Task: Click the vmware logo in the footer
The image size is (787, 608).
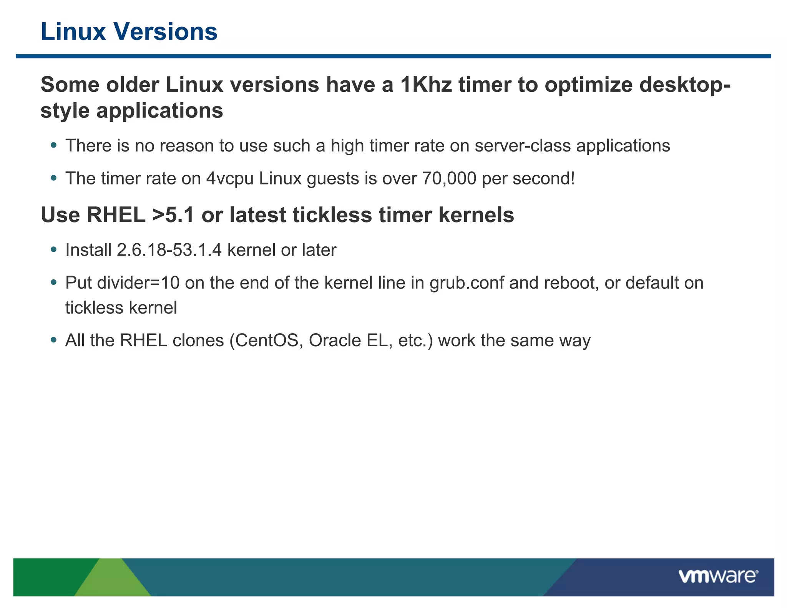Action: [718, 576]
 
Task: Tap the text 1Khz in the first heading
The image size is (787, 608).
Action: [426, 85]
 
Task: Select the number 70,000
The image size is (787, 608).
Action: [449, 178]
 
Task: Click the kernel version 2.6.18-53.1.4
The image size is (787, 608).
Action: [169, 250]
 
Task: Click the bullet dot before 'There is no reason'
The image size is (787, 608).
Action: [54, 145]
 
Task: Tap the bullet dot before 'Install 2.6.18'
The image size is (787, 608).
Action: [54, 250]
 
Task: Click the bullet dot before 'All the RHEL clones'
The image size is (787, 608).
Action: [54, 340]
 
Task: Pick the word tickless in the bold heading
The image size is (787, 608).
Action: [332, 215]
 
